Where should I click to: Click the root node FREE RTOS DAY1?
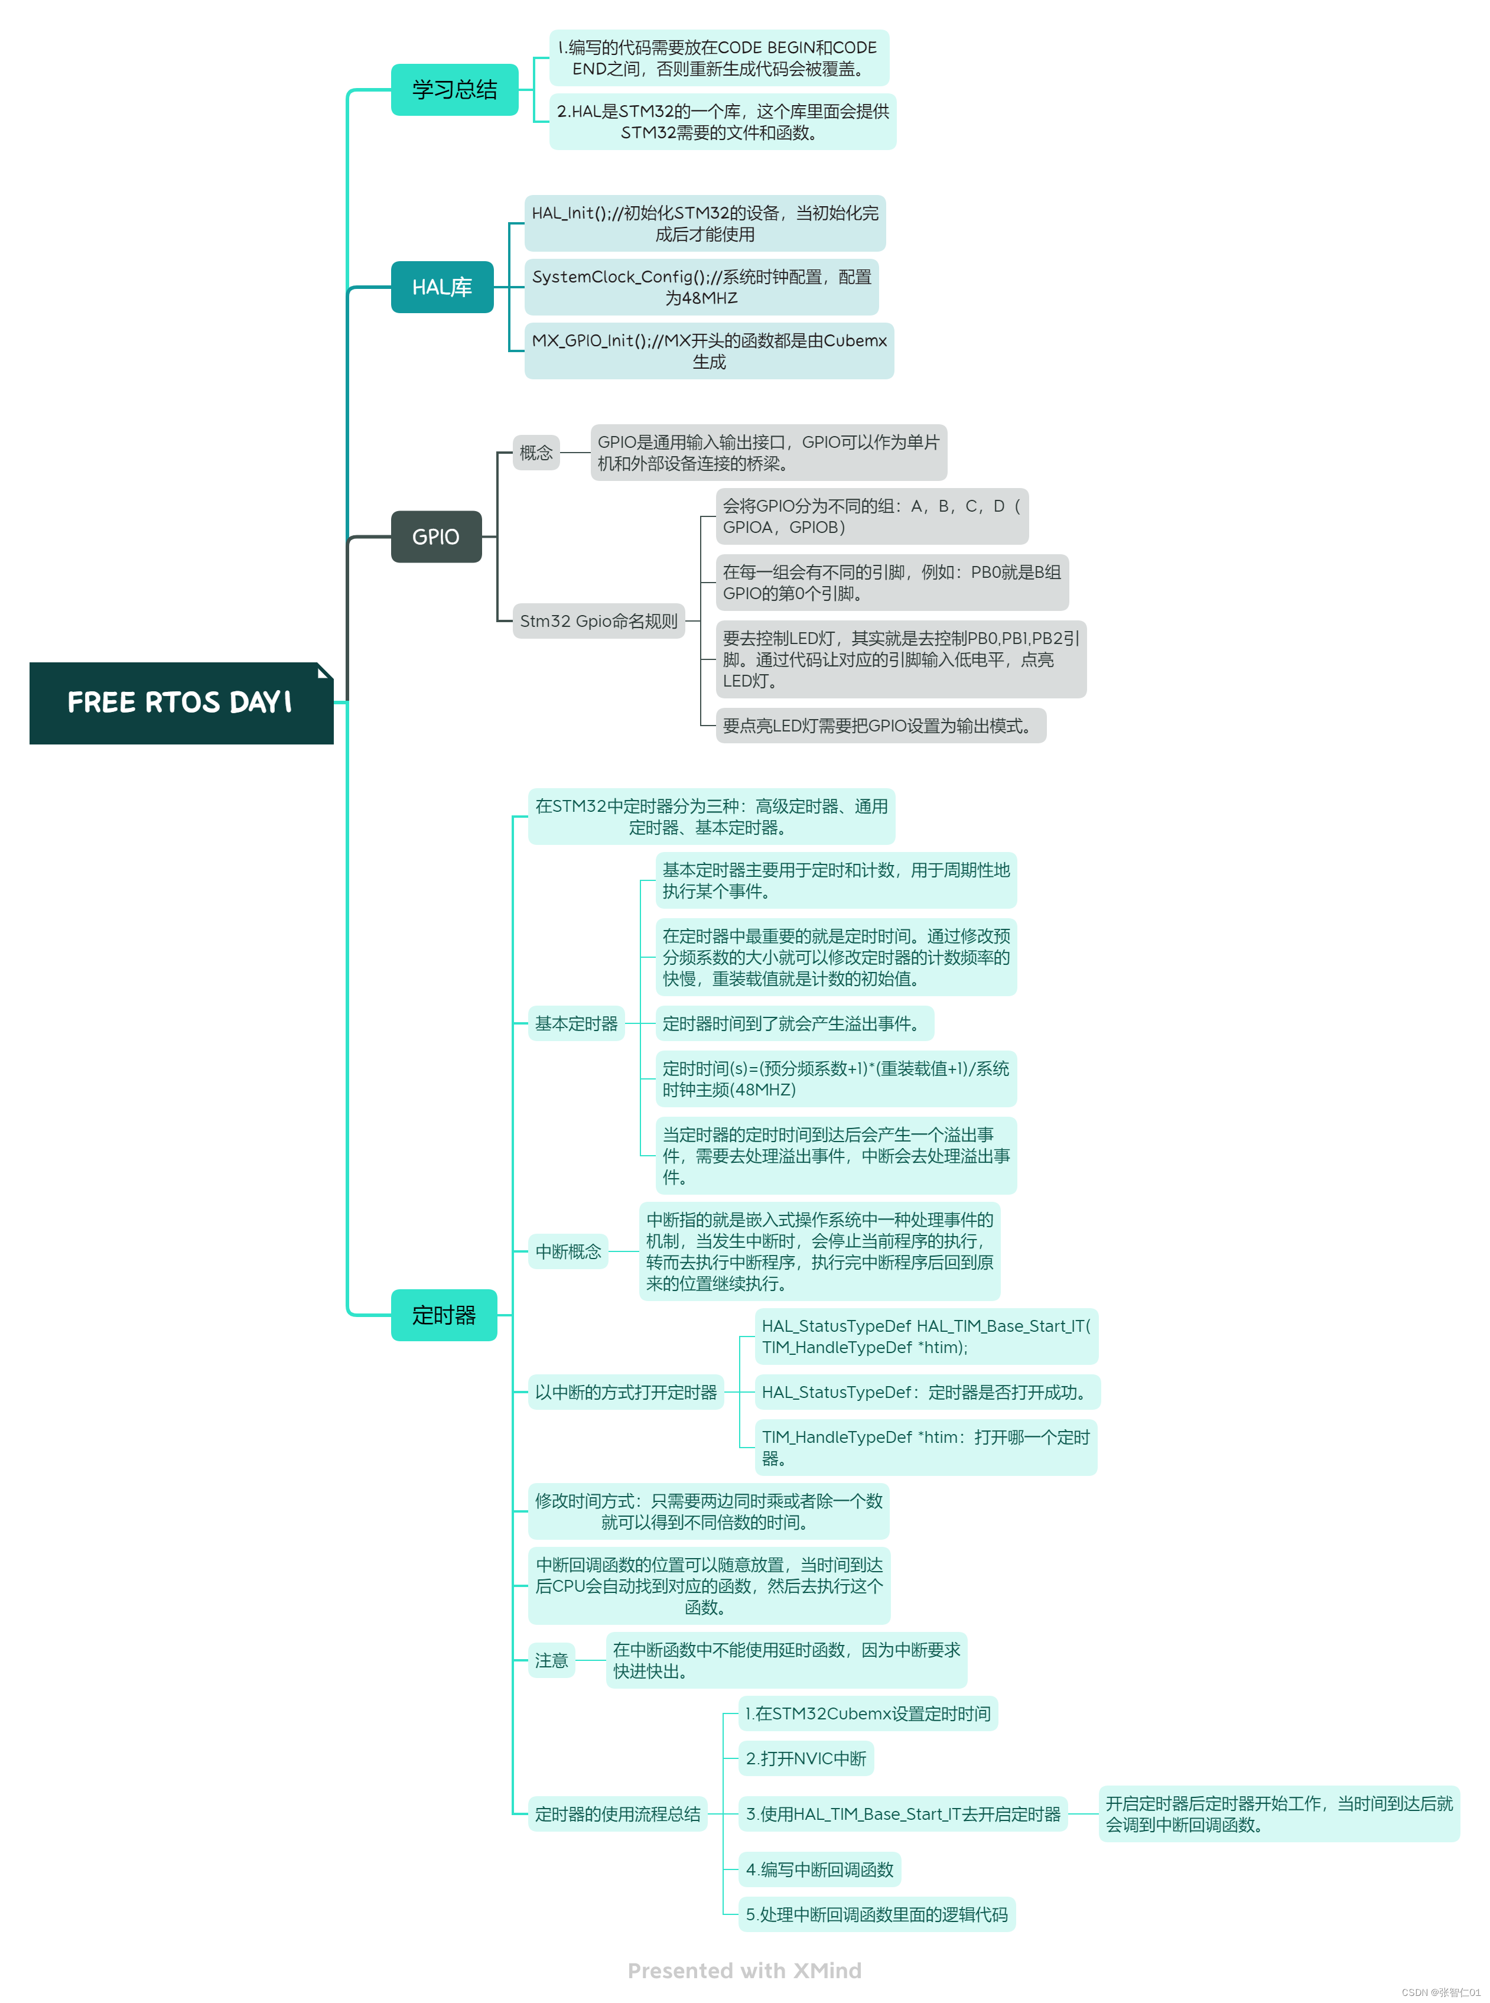180,703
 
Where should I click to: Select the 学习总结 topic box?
454,89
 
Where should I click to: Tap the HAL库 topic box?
442,287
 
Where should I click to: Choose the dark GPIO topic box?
435,536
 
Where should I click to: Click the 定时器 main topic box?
443,1315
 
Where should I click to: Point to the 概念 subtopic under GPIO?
536,452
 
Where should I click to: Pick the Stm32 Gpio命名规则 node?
598,620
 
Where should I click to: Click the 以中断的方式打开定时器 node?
625,1391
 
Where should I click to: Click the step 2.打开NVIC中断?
805,1758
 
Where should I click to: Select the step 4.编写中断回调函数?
819,1869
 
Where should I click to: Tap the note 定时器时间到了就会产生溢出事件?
793,1023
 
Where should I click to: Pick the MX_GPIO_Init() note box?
709,351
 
